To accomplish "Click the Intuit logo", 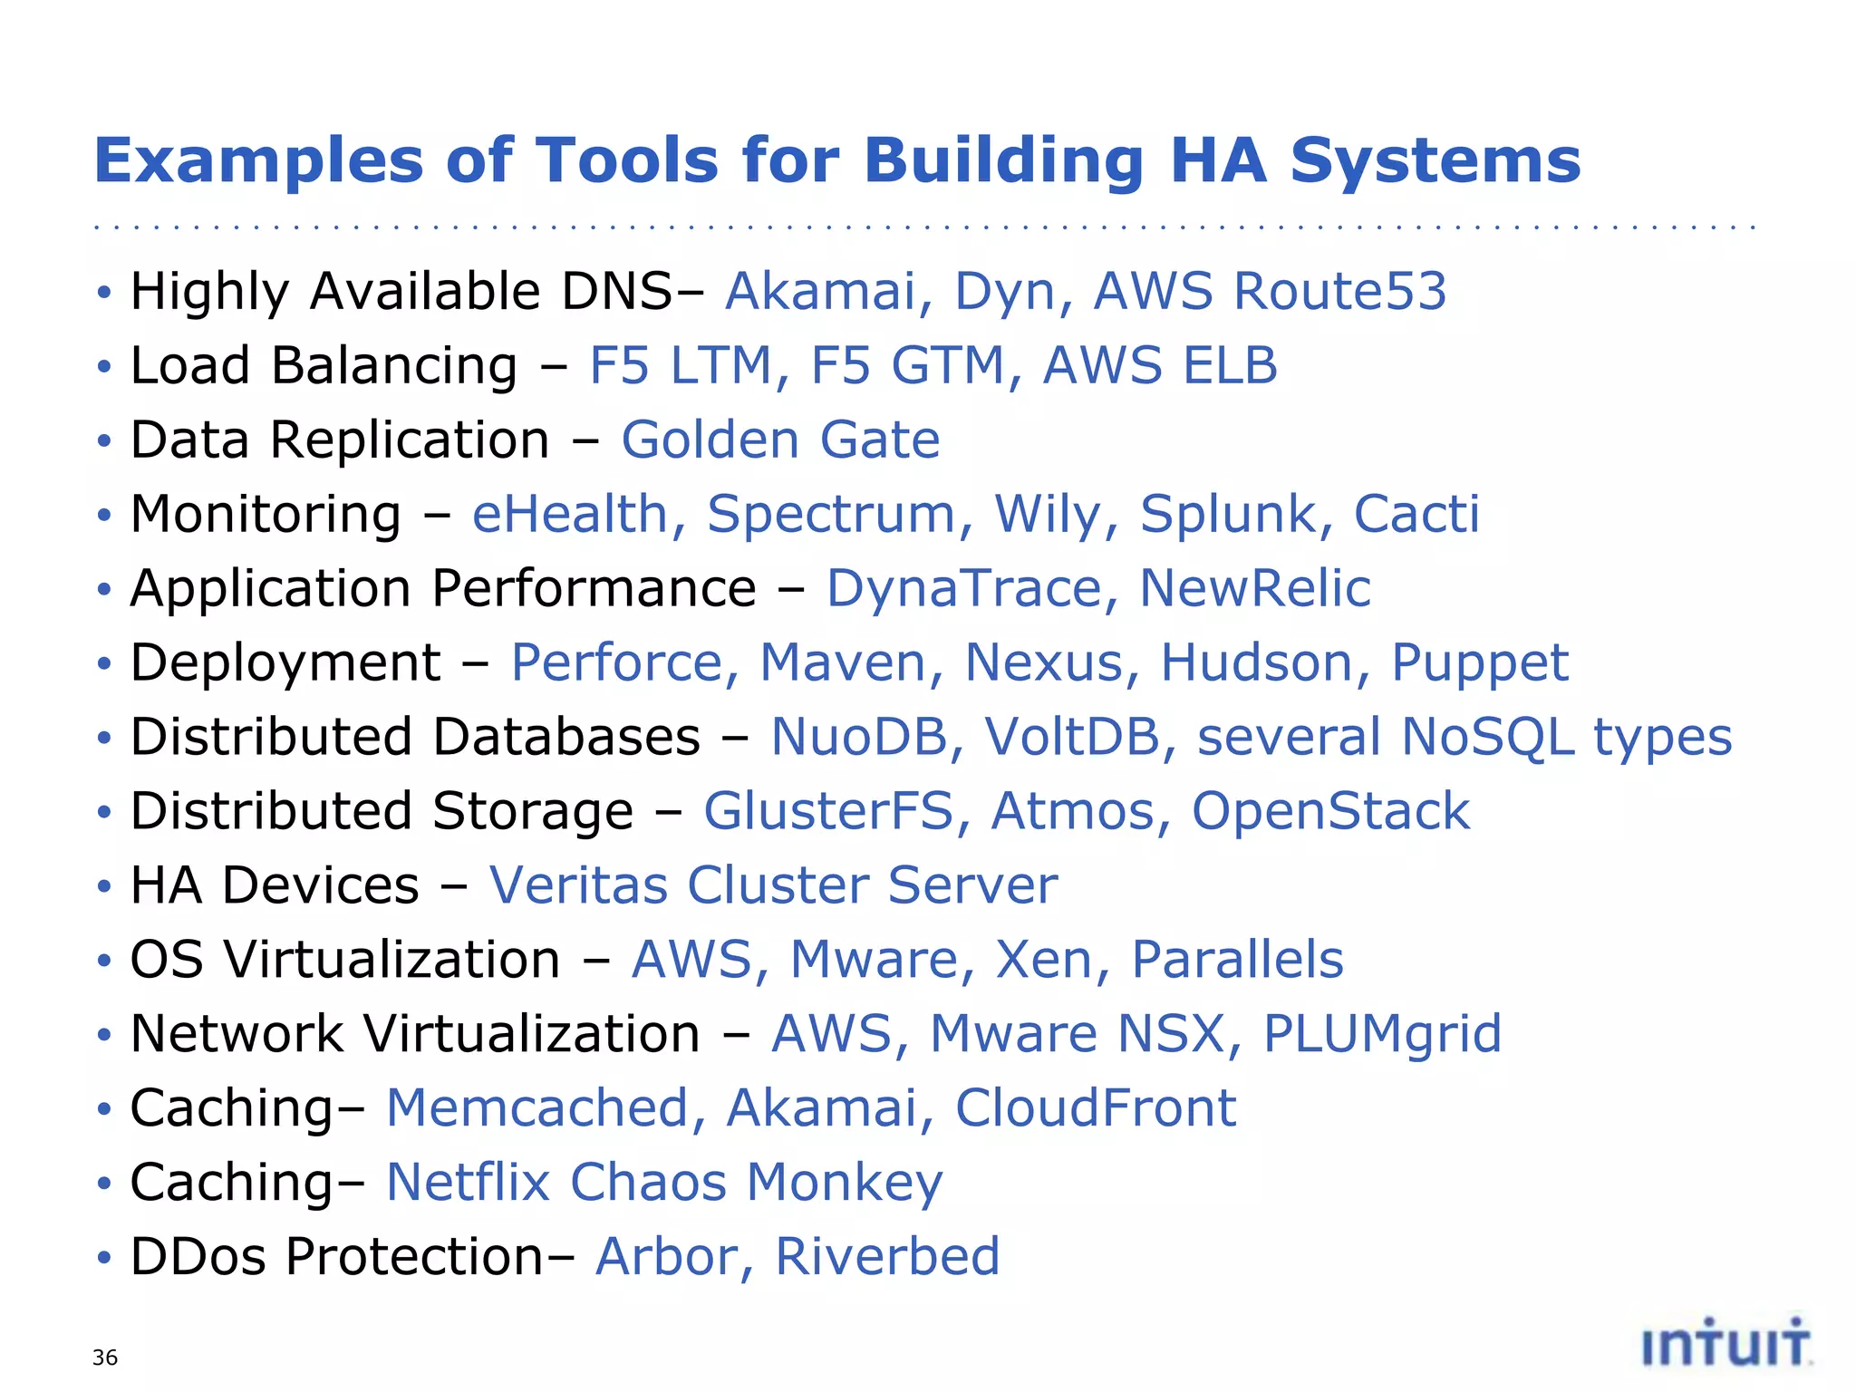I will click(x=1726, y=1343).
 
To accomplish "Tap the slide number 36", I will click(x=105, y=1358).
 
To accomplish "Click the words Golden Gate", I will click(x=780, y=440).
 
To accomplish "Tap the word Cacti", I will click(x=1416, y=515).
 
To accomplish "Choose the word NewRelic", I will click(x=1254, y=589).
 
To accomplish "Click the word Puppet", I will click(x=1479, y=664).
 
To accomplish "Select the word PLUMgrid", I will click(x=1382, y=1035).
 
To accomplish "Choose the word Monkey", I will click(x=845, y=1184).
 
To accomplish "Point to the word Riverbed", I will click(x=887, y=1257).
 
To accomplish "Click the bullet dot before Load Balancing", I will click(x=104, y=367).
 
